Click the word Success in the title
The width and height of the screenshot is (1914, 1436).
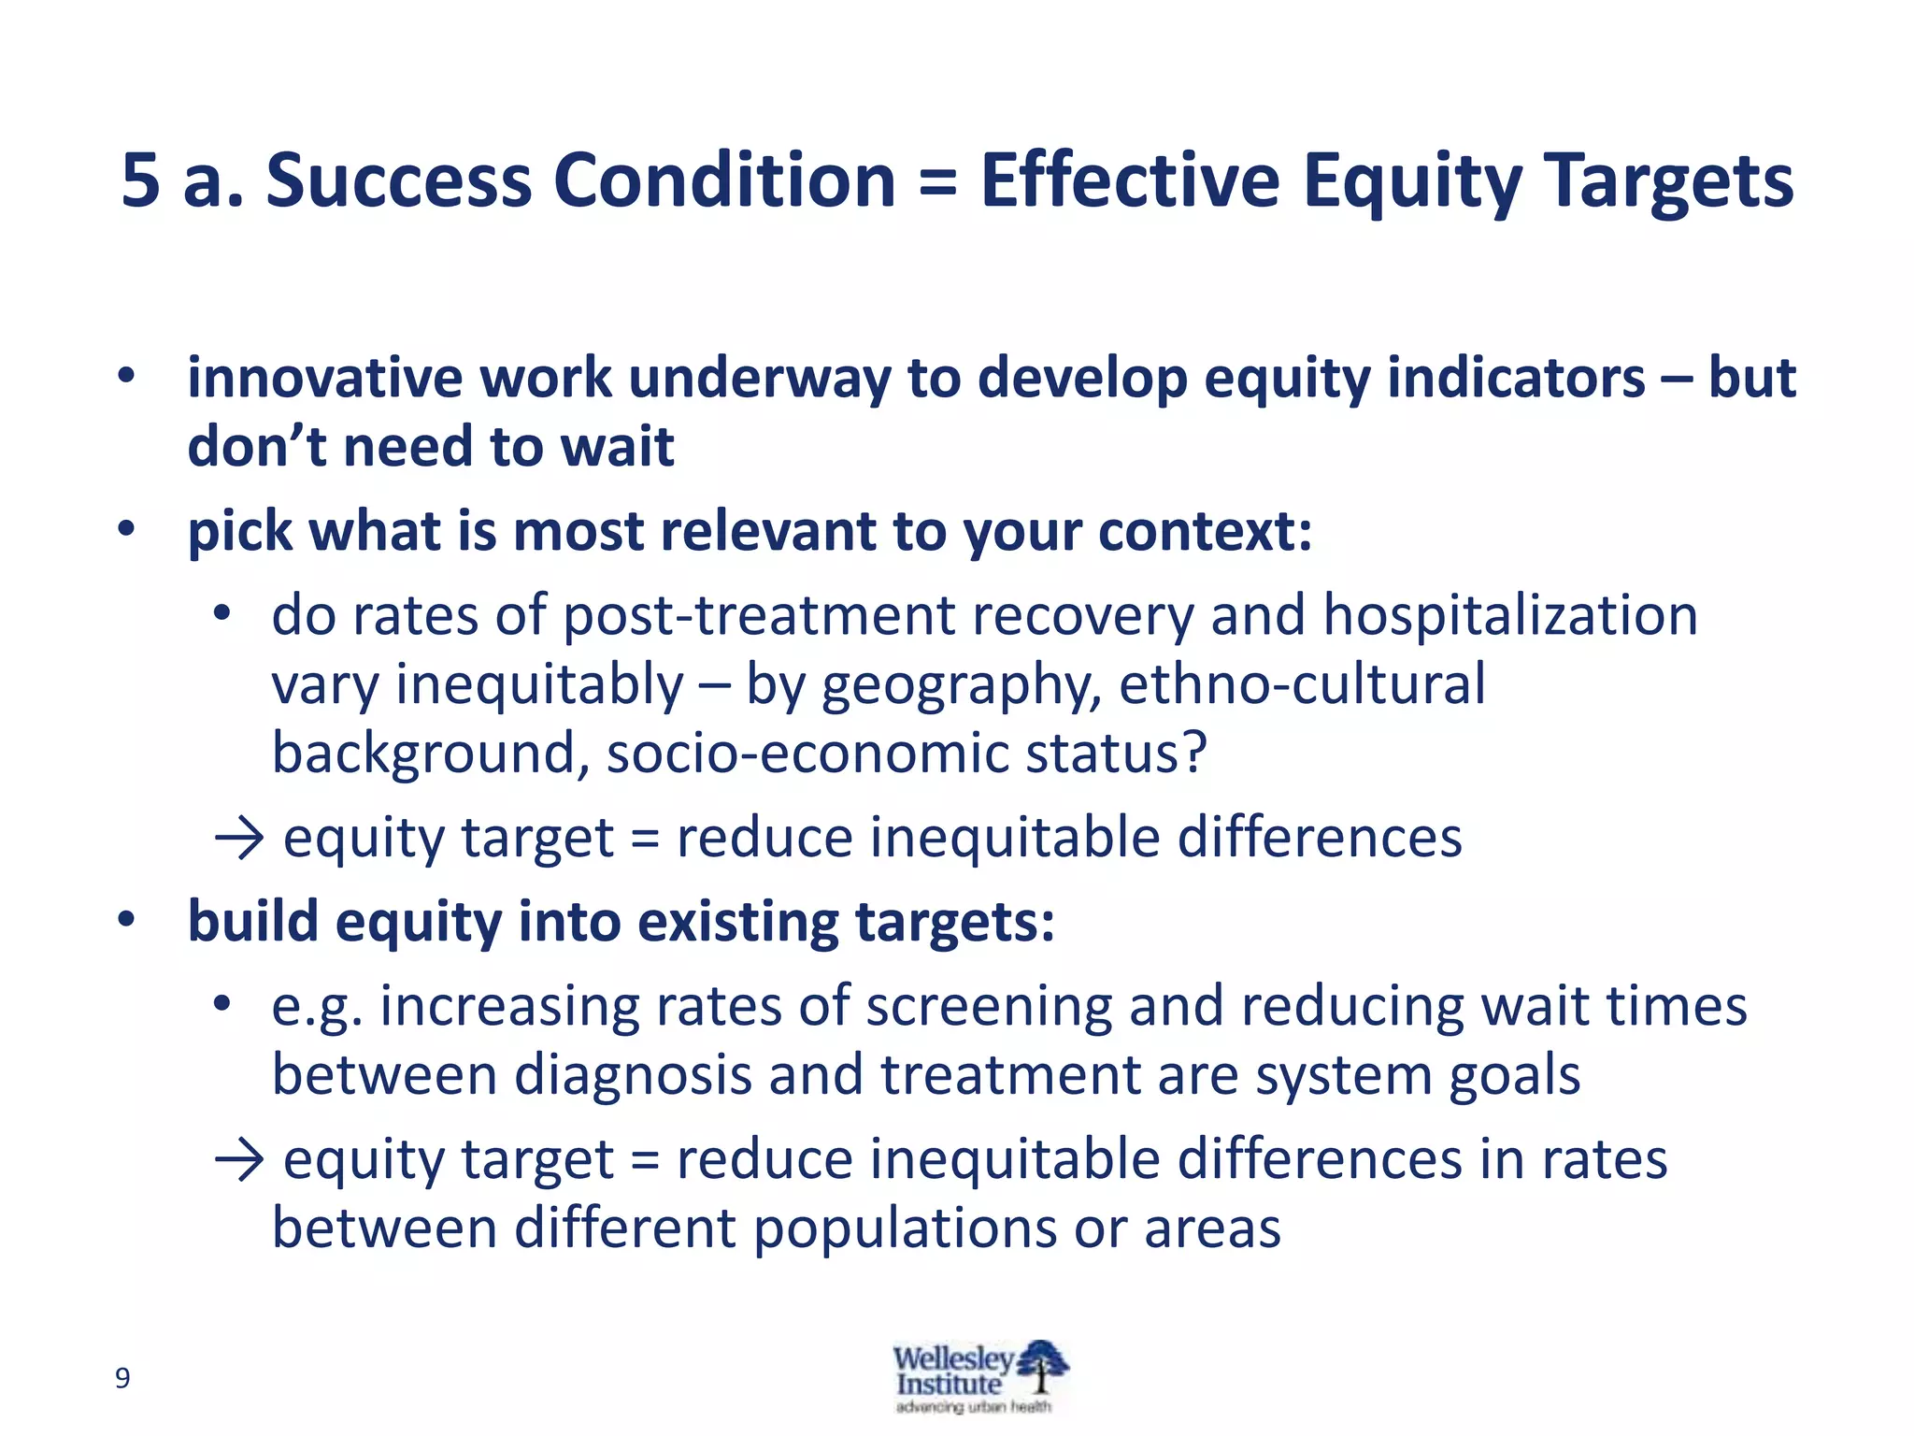[x=399, y=179]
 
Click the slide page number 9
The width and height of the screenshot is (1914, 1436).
[x=122, y=1377]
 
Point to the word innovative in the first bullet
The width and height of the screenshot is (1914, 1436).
[x=324, y=379]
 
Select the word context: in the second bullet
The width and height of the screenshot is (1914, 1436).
[x=1206, y=532]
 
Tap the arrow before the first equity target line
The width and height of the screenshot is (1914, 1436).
[x=240, y=837]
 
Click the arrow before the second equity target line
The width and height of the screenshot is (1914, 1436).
[x=240, y=1160]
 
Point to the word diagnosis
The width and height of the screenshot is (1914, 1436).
[x=634, y=1075]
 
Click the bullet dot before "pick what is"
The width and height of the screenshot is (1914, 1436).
[x=126, y=530]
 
